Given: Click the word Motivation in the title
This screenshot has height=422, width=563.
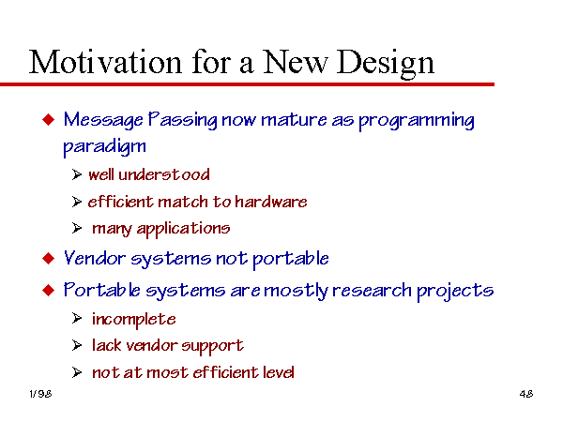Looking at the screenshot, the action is click(x=105, y=62).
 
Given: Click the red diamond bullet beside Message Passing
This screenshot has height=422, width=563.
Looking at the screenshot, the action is click(x=49, y=119).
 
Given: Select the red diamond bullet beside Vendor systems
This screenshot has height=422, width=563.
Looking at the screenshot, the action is click(x=49, y=259).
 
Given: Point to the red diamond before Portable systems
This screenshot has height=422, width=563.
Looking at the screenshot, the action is click(x=49, y=290).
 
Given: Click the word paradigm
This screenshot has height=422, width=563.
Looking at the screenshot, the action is click(x=104, y=147).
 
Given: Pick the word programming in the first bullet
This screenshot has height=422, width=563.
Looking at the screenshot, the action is click(x=417, y=121).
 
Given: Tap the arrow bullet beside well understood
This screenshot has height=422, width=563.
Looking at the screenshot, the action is click(x=77, y=174).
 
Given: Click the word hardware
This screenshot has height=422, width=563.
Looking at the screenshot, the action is click(x=271, y=202).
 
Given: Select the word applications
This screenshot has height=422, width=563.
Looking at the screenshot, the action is click(x=183, y=229).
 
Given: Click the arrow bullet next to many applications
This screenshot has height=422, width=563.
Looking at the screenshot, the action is click(x=77, y=228).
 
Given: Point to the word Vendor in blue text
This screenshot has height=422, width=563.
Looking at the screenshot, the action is click(x=95, y=258).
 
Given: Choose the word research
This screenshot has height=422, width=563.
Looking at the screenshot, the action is click(x=372, y=290).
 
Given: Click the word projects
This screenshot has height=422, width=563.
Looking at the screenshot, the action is click(x=455, y=292).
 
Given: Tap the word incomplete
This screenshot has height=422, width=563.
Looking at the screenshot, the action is click(x=134, y=320).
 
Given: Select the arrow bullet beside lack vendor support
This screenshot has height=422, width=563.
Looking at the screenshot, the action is click(x=77, y=345).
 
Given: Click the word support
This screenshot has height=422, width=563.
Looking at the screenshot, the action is click(x=213, y=347).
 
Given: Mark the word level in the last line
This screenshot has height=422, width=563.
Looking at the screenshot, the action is click(x=279, y=371).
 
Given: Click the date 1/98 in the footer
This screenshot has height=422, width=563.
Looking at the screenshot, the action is click(x=40, y=394).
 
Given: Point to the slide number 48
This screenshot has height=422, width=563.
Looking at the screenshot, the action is click(x=526, y=394).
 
